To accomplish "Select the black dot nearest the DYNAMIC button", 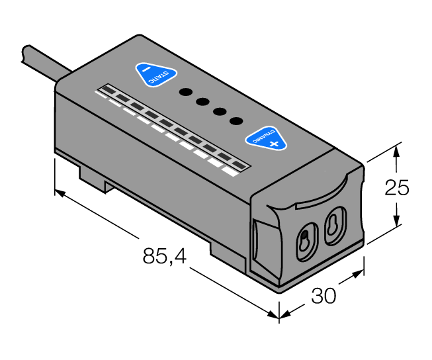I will (x=235, y=120).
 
